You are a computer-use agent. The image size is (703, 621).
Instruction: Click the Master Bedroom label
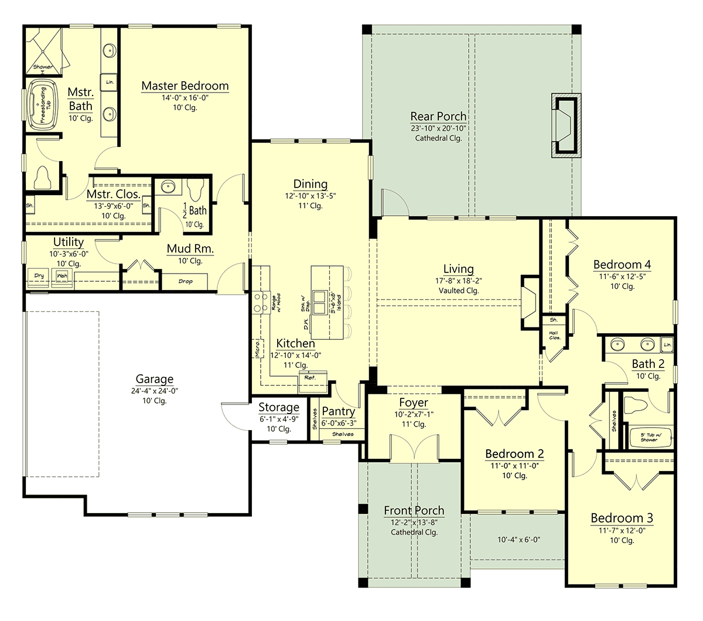[x=185, y=86]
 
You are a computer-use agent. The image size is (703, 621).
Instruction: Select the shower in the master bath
[x=43, y=52]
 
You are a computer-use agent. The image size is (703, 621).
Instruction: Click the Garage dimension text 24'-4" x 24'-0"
[x=155, y=391]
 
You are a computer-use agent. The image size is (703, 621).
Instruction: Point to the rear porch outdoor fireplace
[x=565, y=125]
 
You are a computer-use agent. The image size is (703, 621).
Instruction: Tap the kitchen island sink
[x=320, y=302]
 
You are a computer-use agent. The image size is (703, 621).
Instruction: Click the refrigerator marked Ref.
[x=309, y=378]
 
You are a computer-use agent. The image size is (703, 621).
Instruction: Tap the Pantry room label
[x=338, y=412]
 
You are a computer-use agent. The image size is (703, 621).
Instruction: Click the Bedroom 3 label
[x=621, y=518]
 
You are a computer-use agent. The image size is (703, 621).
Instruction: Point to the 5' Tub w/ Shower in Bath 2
[x=649, y=437]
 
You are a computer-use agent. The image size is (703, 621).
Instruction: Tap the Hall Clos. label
[x=554, y=336]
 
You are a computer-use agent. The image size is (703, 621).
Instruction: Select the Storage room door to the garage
[x=234, y=417]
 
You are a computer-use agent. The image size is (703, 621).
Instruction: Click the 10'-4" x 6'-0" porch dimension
[x=518, y=540]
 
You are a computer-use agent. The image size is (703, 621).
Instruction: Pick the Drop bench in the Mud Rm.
[x=185, y=282]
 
